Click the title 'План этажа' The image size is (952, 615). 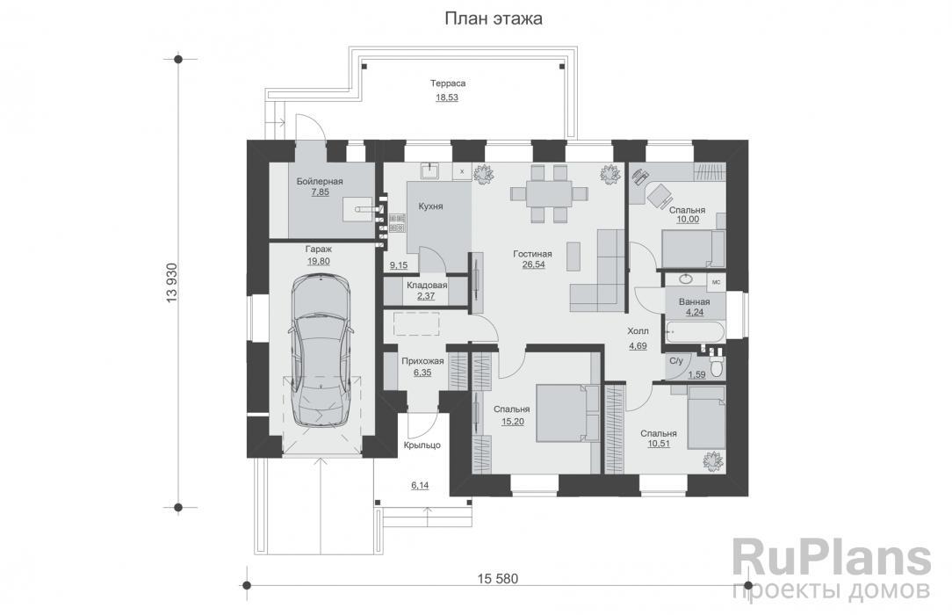pos(493,18)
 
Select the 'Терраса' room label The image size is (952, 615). pos(448,83)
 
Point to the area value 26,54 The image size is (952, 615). pos(533,264)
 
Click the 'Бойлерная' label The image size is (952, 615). pos(320,181)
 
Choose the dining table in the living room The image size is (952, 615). pos(549,193)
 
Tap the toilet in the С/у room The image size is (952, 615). pos(717,366)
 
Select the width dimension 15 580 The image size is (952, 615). pos(497,578)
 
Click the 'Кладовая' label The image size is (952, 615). pos(427,285)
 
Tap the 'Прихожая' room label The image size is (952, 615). pos(422,361)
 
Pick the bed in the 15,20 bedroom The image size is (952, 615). pos(562,413)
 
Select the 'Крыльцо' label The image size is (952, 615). pos(422,445)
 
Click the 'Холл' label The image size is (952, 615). pos(638,331)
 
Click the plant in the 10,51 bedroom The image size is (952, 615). pos(712,460)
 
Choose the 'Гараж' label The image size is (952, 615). pos(318,249)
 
